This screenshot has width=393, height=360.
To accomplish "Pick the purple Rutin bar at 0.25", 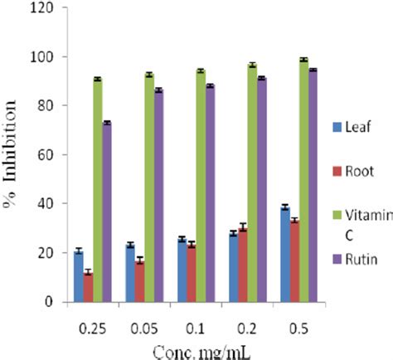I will [x=107, y=212].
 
